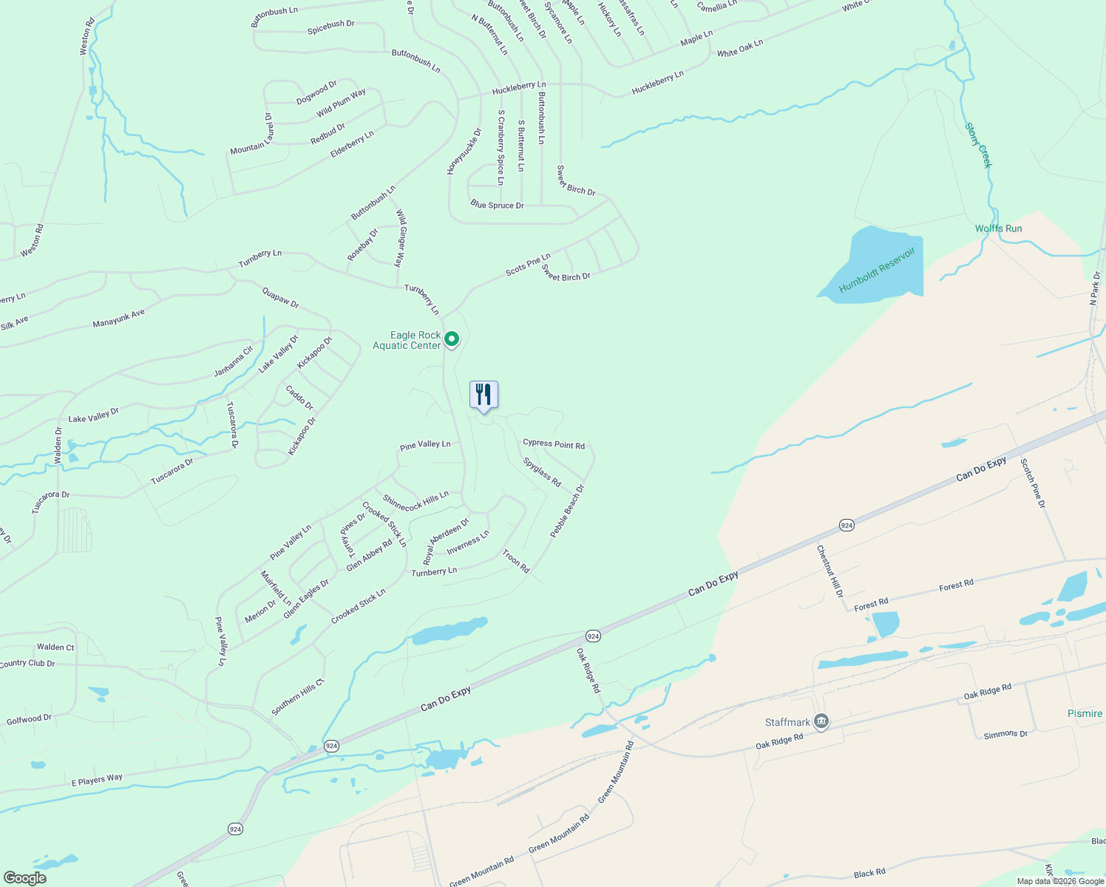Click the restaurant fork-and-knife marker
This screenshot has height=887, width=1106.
(x=484, y=395)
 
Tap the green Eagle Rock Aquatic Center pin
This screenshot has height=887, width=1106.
(x=452, y=339)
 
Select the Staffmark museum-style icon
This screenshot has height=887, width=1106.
(x=821, y=722)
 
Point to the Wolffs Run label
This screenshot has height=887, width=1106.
(x=998, y=228)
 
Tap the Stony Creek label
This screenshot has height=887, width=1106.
(x=977, y=146)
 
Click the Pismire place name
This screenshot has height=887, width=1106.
(x=1085, y=713)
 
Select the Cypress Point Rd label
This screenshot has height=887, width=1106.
(x=554, y=444)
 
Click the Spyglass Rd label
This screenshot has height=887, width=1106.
(x=542, y=472)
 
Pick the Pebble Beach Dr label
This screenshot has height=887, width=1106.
(x=567, y=511)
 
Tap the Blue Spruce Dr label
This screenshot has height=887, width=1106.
(x=497, y=205)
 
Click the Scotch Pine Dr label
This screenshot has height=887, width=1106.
(x=1033, y=483)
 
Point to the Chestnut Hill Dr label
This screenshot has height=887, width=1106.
(x=829, y=571)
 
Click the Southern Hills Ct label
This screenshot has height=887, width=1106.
(x=298, y=697)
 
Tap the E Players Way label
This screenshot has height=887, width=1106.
(x=97, y=780)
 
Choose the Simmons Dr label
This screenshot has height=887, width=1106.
(x=1005, y=734)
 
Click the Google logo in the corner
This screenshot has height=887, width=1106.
(x=25, y=878)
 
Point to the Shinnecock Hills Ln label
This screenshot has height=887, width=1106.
(x=415, y=502)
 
